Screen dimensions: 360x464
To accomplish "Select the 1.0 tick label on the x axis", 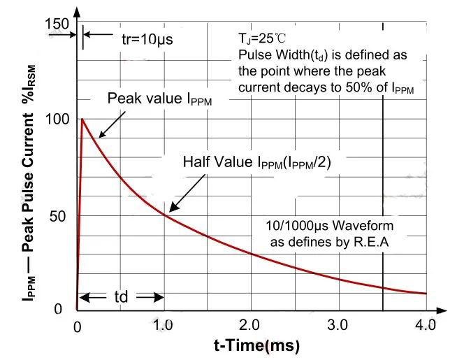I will (x=164, y=325).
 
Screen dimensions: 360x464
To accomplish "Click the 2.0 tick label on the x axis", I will (x=250, y=325).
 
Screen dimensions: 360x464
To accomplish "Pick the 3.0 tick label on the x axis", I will (x=338, y=325).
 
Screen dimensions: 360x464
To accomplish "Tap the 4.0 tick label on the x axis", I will (x=423, y=325).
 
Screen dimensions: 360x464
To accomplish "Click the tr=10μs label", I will (x=147, y=39).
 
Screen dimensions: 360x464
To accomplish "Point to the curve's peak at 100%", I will (x=82, y=119).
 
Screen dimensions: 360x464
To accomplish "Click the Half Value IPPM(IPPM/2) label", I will (x=257, y=162).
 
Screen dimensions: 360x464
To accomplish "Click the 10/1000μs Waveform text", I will (x=330, y=226).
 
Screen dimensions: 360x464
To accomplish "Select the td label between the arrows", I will (x=120, y=296).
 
